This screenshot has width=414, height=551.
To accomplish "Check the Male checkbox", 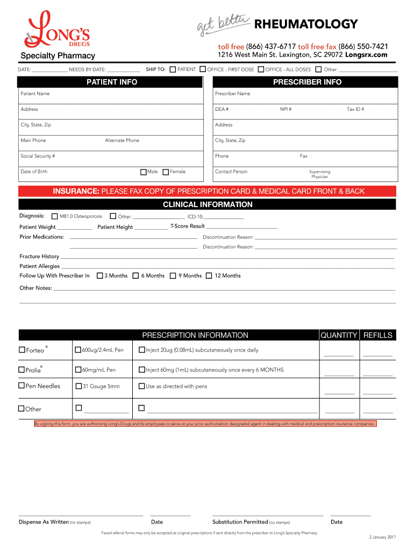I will click(143, 172).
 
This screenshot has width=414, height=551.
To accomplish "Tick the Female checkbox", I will click(166, 172).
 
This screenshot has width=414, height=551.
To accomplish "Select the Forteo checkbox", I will click(22, 350).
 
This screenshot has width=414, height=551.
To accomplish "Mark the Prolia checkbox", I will click(22, 370).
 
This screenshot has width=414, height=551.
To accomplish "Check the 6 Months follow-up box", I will click(135, 276).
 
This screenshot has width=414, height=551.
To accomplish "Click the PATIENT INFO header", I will click(112, 82).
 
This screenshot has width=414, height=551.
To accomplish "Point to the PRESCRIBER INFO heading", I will click(307, 82).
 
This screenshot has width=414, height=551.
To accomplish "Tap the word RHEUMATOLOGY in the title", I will click(305, 24).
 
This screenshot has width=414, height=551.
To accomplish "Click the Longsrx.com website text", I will click(366, 55).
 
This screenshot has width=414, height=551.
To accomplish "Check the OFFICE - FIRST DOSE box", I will click(203, 69).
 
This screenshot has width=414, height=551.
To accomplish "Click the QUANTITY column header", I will click(339, 335).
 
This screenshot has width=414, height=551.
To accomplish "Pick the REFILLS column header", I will click(378, 335).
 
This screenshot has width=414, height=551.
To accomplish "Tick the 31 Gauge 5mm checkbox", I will click(78, 386).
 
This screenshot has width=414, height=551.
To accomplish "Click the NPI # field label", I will click(285, 109).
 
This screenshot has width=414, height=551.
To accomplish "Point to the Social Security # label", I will click(38, 156).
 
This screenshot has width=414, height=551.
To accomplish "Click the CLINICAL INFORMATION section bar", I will click(208, 204).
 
